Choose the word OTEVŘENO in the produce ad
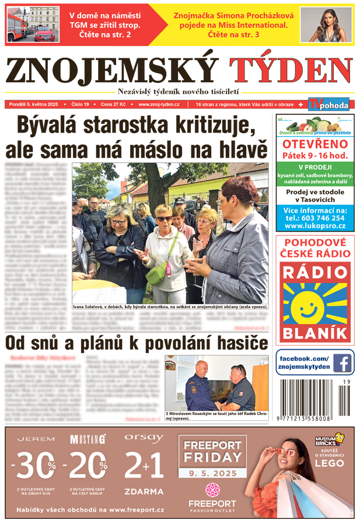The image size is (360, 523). click(x=314, y=144)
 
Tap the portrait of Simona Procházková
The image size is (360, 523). click(x=326, y=25)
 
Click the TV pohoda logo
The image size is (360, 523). click(x=329, y=104)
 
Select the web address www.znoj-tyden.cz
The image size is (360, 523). click(x=159, y=104)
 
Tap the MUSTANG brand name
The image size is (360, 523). click(x=88, y=439)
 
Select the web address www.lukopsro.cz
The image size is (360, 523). click(x=314, y=226)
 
